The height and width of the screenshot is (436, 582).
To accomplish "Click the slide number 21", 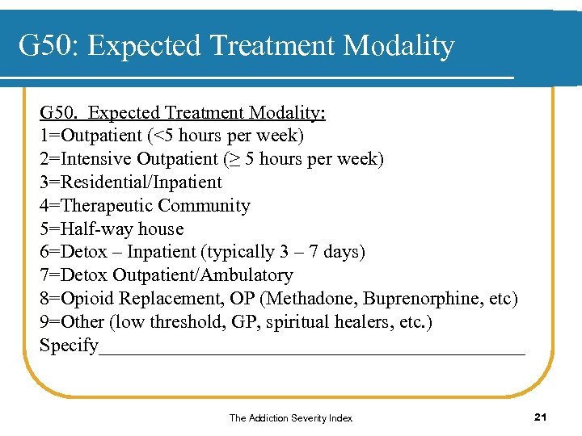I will (x=542, y=417).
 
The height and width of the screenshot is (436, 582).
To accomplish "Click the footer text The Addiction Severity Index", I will (x=290, y=418).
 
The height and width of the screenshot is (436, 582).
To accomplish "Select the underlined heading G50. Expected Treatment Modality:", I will (x=183, y=112).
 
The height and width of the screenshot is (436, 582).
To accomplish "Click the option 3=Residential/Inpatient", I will (x=130, y=182).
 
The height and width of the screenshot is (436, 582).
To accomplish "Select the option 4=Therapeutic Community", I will (x=145, y=206).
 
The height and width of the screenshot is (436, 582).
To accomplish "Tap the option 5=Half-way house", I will (x=112, y=229).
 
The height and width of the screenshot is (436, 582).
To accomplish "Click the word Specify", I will (x=69, y=346).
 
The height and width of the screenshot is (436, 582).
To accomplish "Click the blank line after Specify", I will (x=311, y=349).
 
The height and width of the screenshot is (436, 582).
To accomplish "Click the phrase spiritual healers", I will (x=323, y=322).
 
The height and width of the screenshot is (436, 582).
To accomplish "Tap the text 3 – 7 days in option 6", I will (x=318, y=253).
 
